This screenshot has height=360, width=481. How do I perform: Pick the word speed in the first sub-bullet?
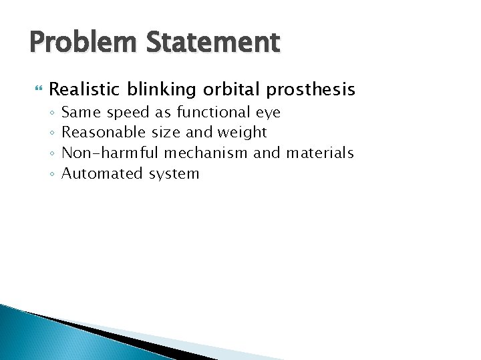pos(128,112)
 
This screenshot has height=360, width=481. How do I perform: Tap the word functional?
pos(214,112)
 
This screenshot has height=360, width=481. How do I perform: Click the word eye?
pos(269,112)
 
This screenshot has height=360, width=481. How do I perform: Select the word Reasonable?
pos(103,133)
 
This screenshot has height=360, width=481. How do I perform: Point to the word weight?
pos(242,133)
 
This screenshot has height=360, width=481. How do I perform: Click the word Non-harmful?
pos(111,153)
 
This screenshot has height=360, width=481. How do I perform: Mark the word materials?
pos(319,153)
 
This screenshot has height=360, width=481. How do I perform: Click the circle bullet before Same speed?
pos(51,113)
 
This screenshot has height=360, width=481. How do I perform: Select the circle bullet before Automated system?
pos(51,175)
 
